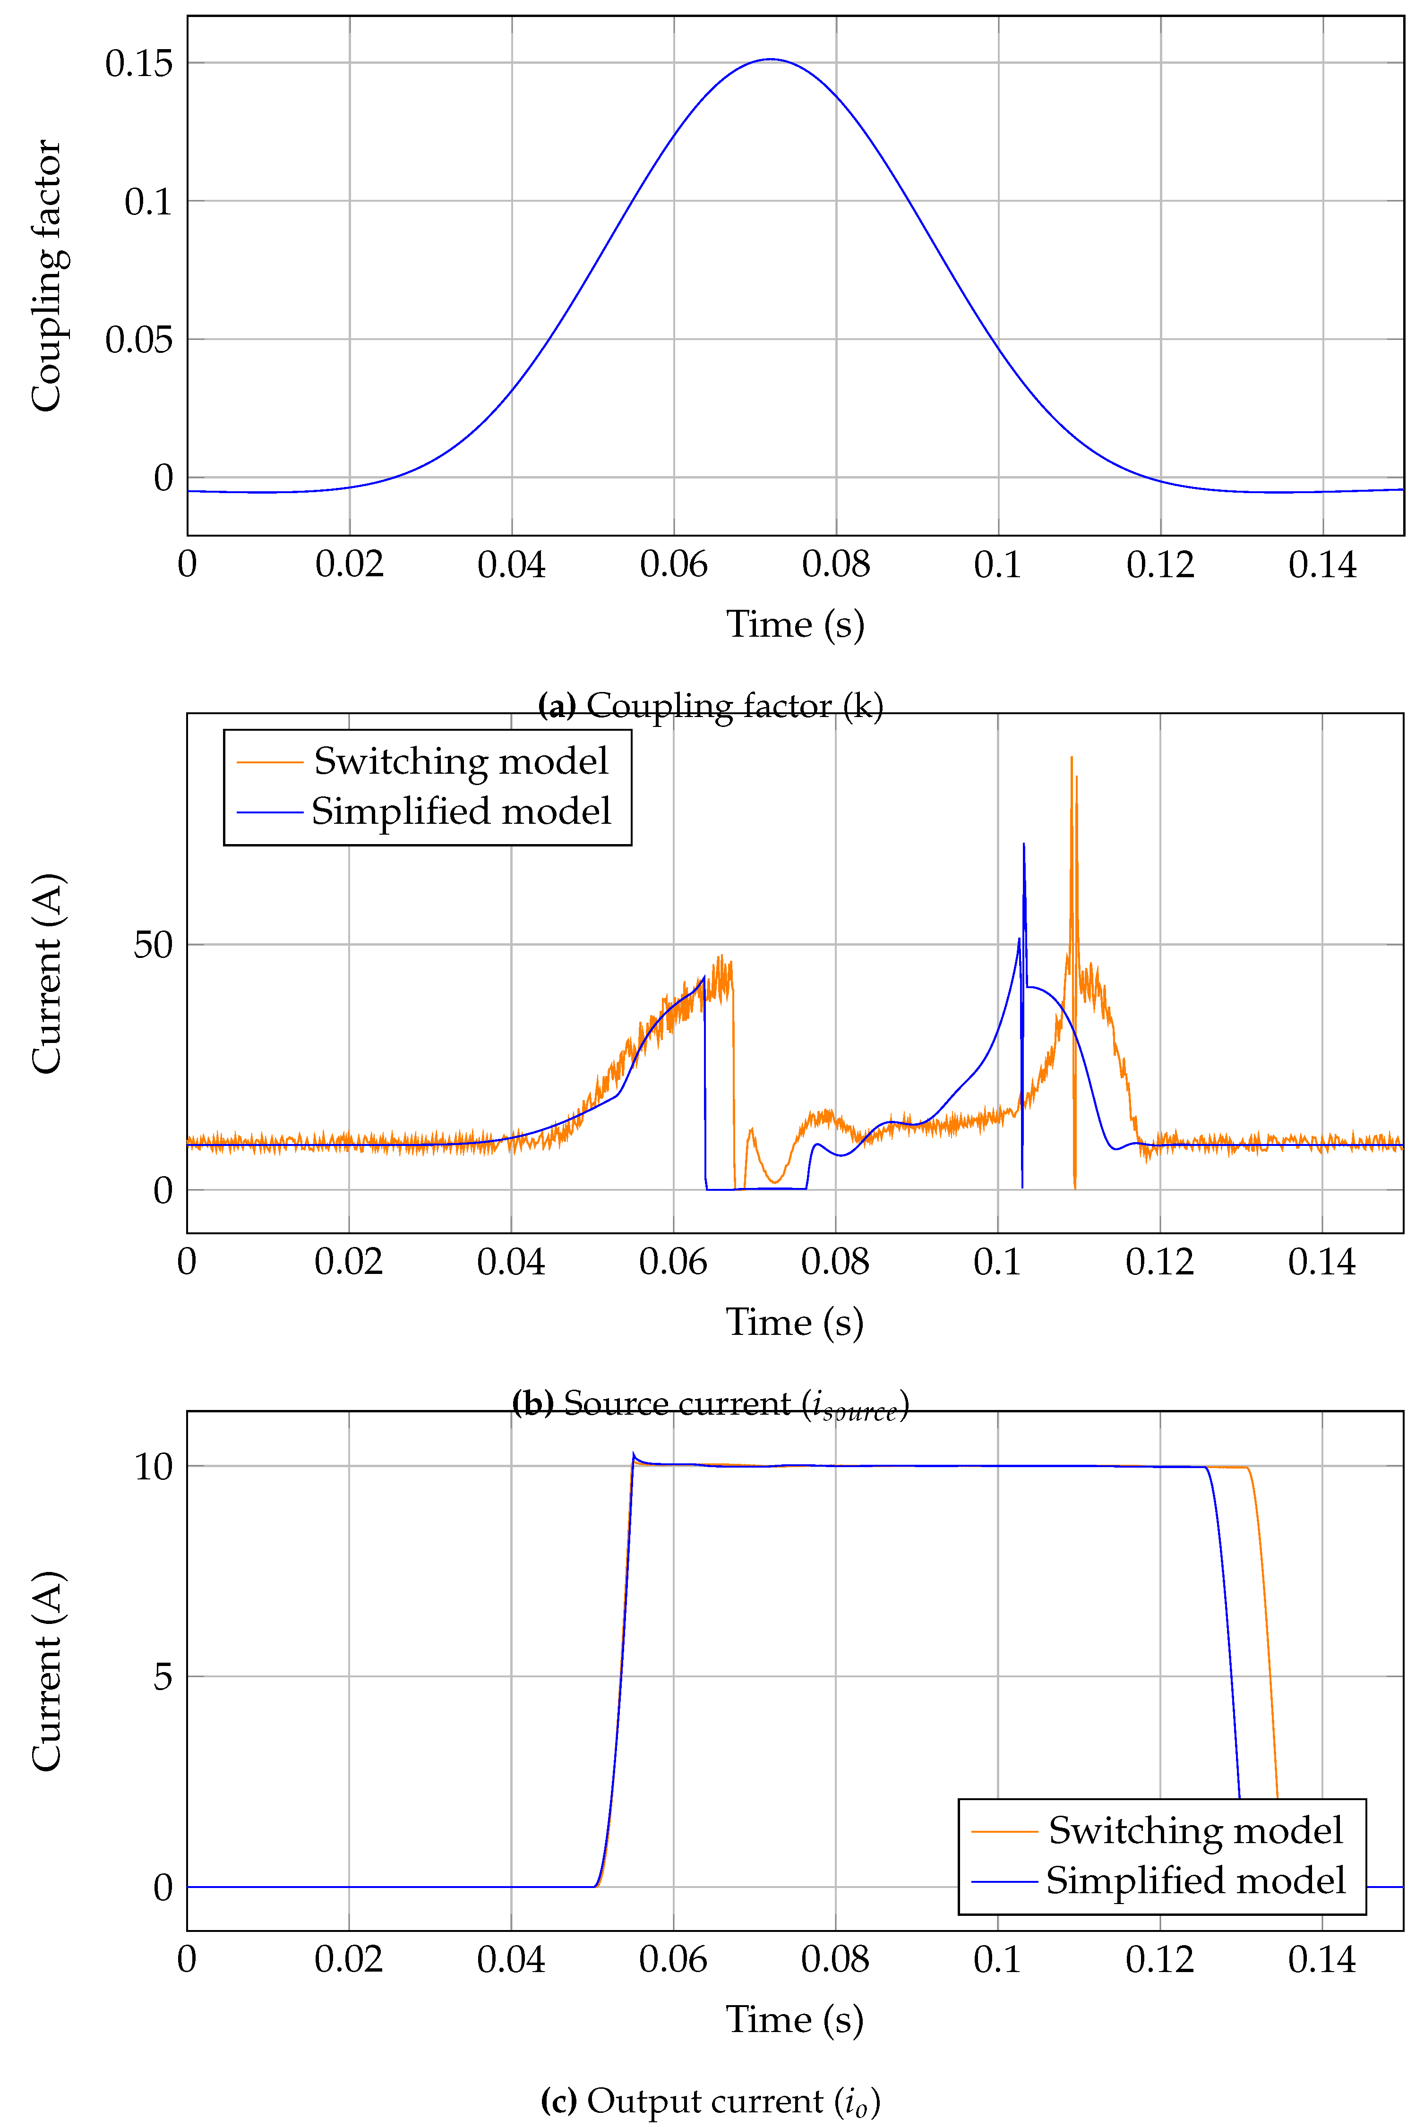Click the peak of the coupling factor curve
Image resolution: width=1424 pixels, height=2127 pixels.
(771, 60)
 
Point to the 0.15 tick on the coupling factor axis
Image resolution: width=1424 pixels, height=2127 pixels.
(138, 64)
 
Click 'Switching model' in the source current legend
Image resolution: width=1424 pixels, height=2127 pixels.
(461, 761)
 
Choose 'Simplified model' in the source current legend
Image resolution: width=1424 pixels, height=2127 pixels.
(461, 811)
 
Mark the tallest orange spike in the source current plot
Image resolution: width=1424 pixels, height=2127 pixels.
(1072, 758)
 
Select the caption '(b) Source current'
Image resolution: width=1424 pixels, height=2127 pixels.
(710, 1403)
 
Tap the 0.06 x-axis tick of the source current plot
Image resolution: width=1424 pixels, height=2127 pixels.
(673, 1262)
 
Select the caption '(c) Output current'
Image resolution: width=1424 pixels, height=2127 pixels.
(710, 2101)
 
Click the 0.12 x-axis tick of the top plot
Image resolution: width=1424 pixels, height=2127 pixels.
(1160, 564)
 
